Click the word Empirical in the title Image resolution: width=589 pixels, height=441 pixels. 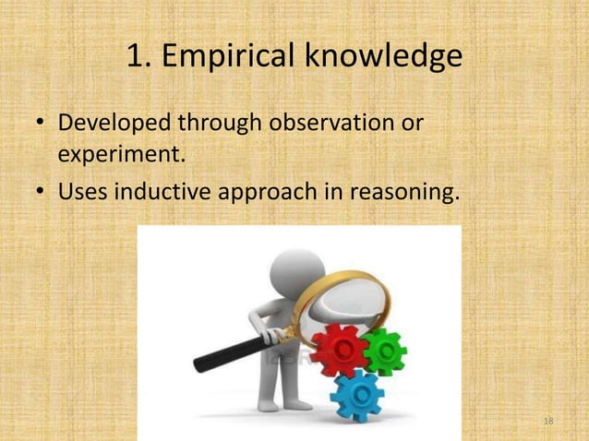pyautogui.click(x=229, y=57)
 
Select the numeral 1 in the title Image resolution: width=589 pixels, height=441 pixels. pyautogui.click(x=136, y=57)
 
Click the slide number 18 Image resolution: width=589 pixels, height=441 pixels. pyautogui.click(x=548, y=422)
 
